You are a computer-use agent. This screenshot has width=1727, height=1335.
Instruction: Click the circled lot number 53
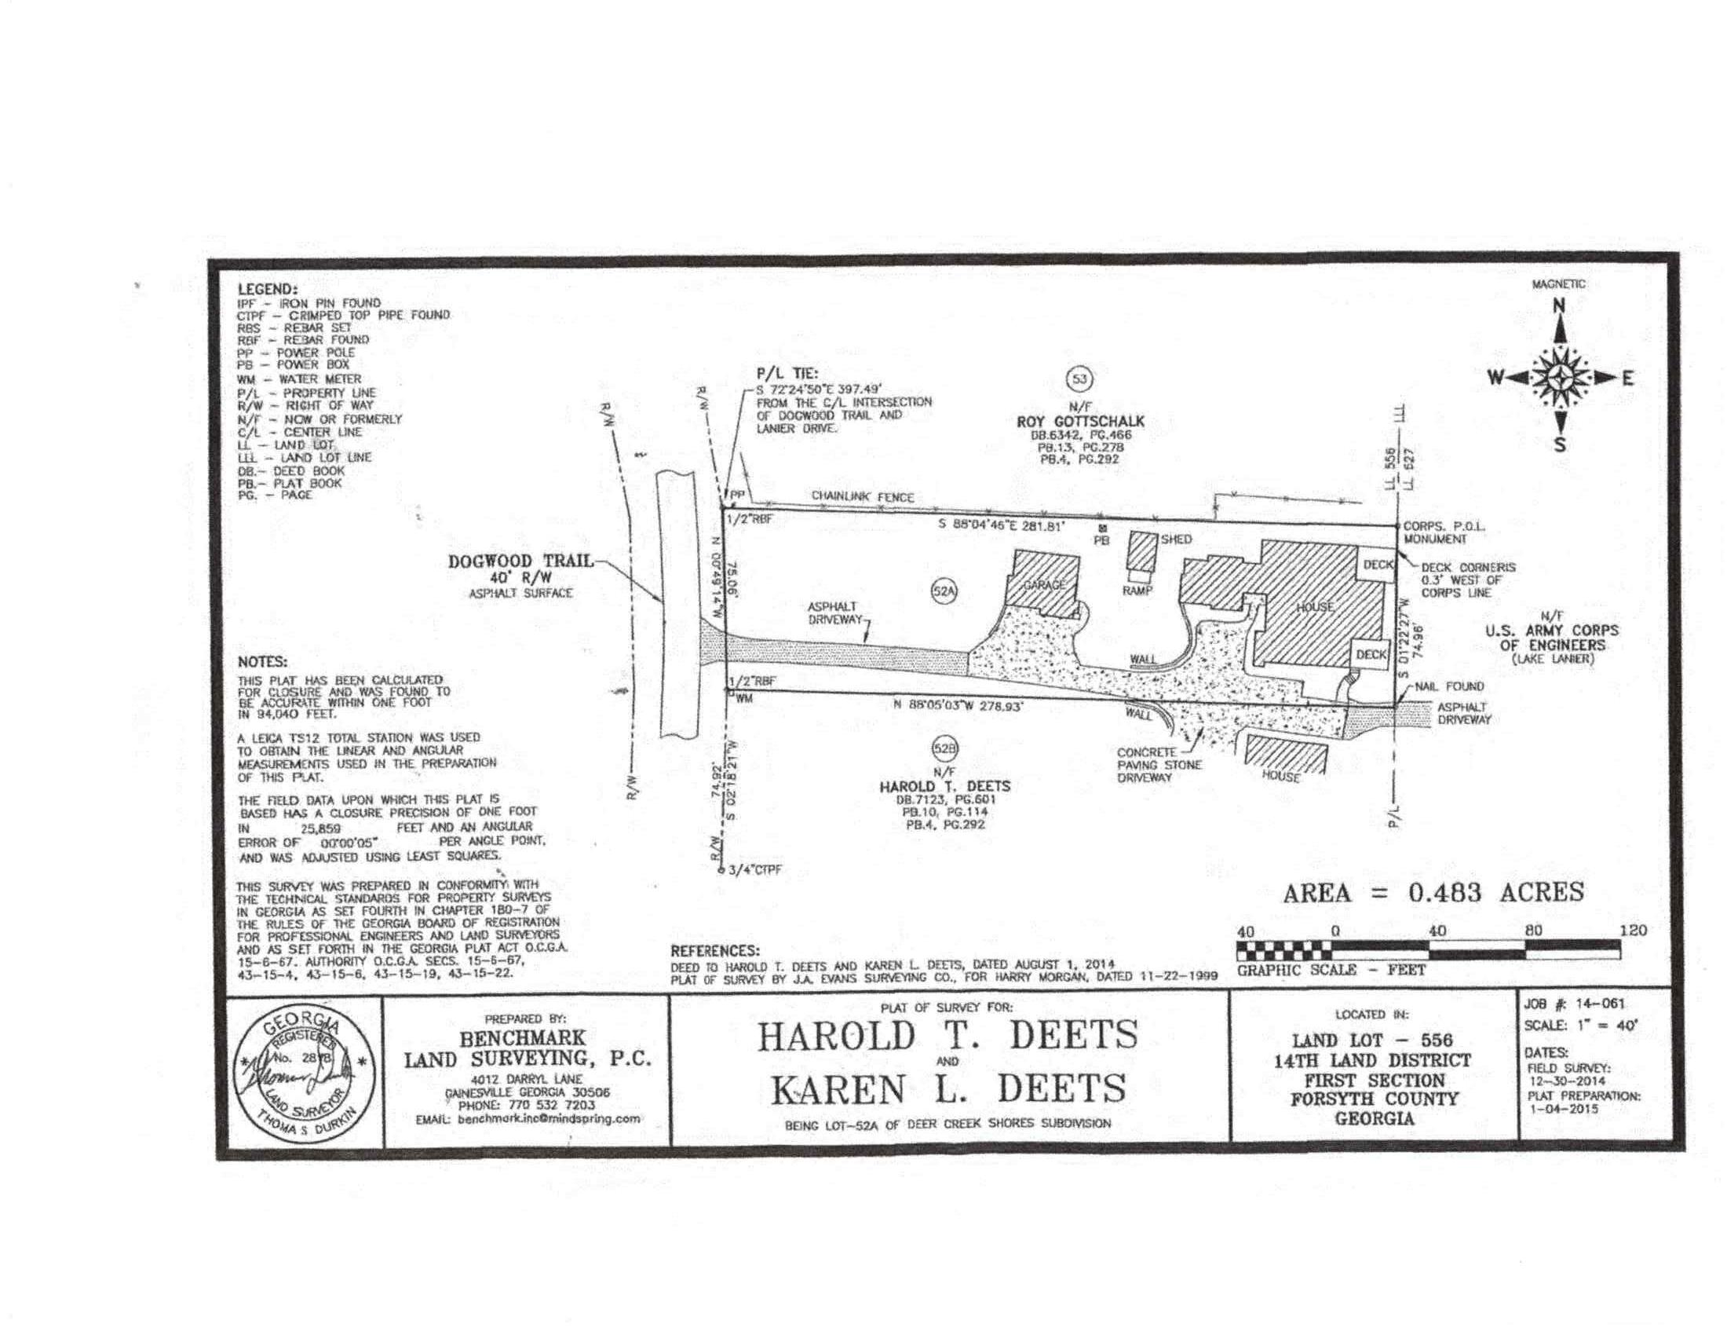coord(1079,379)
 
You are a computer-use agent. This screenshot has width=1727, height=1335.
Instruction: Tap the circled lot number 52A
coord(944,591)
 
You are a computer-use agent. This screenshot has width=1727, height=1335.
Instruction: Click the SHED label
coord(1177,539)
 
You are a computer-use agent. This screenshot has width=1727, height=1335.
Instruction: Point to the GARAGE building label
coord(1046,585)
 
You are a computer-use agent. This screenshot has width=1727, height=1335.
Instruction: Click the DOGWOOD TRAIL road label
coord(520,561)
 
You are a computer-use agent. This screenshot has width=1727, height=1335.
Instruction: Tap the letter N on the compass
coord(1559,306)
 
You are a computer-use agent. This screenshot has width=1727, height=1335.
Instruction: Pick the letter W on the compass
coord(1495,378)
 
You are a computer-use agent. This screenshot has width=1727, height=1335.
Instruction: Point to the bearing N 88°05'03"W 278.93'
coord(958,707)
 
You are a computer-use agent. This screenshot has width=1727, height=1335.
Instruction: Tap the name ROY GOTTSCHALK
coord(1080,422)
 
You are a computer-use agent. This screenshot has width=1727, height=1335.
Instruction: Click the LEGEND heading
coord(267,290)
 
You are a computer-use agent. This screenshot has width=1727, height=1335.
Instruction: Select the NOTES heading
coord(262,662)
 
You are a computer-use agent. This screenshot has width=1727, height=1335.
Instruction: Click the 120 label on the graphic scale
coord(1634,931)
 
